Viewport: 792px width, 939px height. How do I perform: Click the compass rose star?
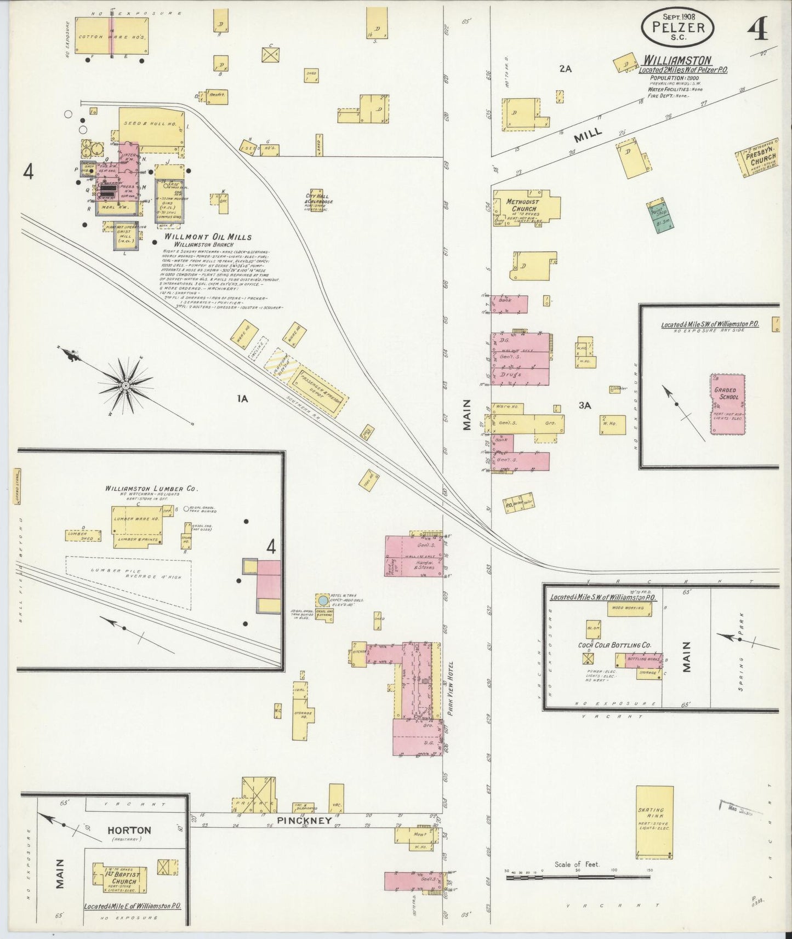[126, 386]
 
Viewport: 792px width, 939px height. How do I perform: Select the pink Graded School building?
[727, 404]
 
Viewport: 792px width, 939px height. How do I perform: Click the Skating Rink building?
[654, 822]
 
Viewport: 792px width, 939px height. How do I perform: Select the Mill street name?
[589, 133]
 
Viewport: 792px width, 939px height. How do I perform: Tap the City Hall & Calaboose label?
[320, 198]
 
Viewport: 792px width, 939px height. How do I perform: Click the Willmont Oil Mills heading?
[208, 237]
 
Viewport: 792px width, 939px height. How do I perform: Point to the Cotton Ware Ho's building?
[111, 37]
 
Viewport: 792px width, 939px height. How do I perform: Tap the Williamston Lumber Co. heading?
[152, 489]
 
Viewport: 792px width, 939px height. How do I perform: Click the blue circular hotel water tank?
[323, 600]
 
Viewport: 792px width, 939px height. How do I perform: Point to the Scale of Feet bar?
[578, 877]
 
